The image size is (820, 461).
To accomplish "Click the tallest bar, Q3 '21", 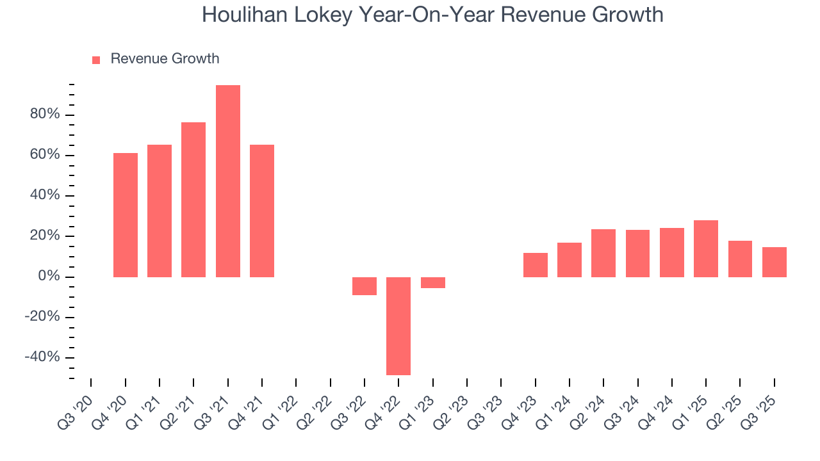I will pyautogui.click(x=227, y=181).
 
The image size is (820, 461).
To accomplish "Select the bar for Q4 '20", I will pyautogui.click(x=126, y=214).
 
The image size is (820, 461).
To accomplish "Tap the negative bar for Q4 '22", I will pyautogui.click(x=398, y=326).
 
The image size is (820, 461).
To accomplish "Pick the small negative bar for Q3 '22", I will pyautogui.click(x=365, y=286).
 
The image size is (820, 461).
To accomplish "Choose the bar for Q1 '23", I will pyautogui.click(x=433, y=282).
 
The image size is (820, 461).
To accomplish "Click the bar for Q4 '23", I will pyautogui.click(x=535, y=264).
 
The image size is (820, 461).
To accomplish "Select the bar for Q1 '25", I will pyautogui.click(x=706, y=248).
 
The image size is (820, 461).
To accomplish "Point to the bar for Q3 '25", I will pyautogui.click(x=774, y=262).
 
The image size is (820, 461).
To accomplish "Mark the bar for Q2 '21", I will pyautogui.click(x=193, y=199).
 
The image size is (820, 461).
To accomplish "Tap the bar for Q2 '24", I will pyautogui.click(x=603, y=253).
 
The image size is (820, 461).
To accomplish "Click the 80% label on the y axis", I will pyautogui.click(x=44, y=115).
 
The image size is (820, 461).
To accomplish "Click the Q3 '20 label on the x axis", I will pyautogui.click(x=78, y=405).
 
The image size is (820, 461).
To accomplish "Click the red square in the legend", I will pyautogui.click(x=96, y=60).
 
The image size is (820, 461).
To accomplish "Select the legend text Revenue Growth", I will pyautogui.click(x=165, y=59).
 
